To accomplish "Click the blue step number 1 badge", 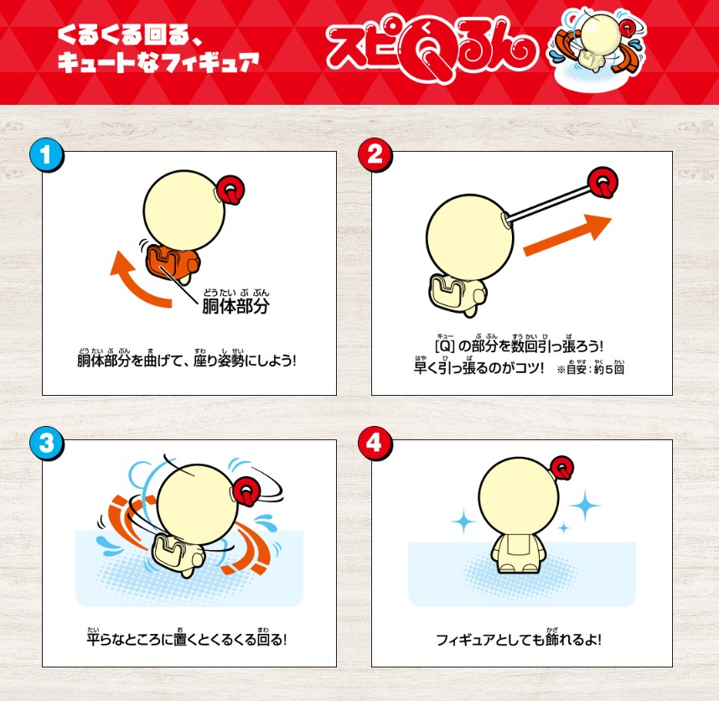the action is [46, 154].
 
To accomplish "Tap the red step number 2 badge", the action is [375, 154].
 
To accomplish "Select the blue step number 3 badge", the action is [46, 444].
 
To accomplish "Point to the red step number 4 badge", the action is [375, 444].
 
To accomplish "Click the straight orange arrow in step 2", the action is [567, 236].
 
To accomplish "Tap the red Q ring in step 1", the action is [231, 189].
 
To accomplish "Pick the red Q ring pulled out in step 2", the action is [603, 182].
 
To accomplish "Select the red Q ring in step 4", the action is [562, 469].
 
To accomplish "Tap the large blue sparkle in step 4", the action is [585, 506].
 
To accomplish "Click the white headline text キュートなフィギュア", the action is [158, 61].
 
